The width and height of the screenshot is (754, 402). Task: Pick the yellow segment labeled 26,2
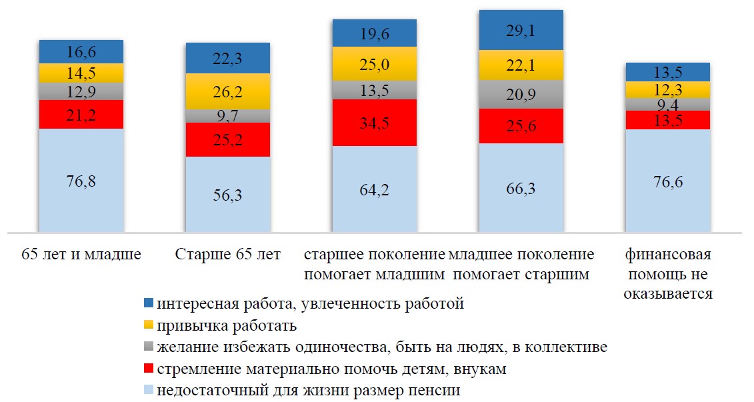[x=227, y=91]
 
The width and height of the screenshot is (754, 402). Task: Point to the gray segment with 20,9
[x=521, y=94]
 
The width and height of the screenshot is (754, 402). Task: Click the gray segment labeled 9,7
[x=227, y=116]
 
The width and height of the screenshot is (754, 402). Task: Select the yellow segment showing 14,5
[x=81, y=73]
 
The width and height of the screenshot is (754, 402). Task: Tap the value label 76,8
[x=81, y=181]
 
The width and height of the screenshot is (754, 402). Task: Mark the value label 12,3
[x=667, y=89]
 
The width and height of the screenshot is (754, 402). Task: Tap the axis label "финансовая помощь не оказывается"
[x=667, y=274]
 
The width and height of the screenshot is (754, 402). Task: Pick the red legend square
[x=149, y=368]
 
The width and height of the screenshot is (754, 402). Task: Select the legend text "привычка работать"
[x=227, y=326]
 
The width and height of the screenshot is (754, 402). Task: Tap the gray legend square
[x=149, y=347]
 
